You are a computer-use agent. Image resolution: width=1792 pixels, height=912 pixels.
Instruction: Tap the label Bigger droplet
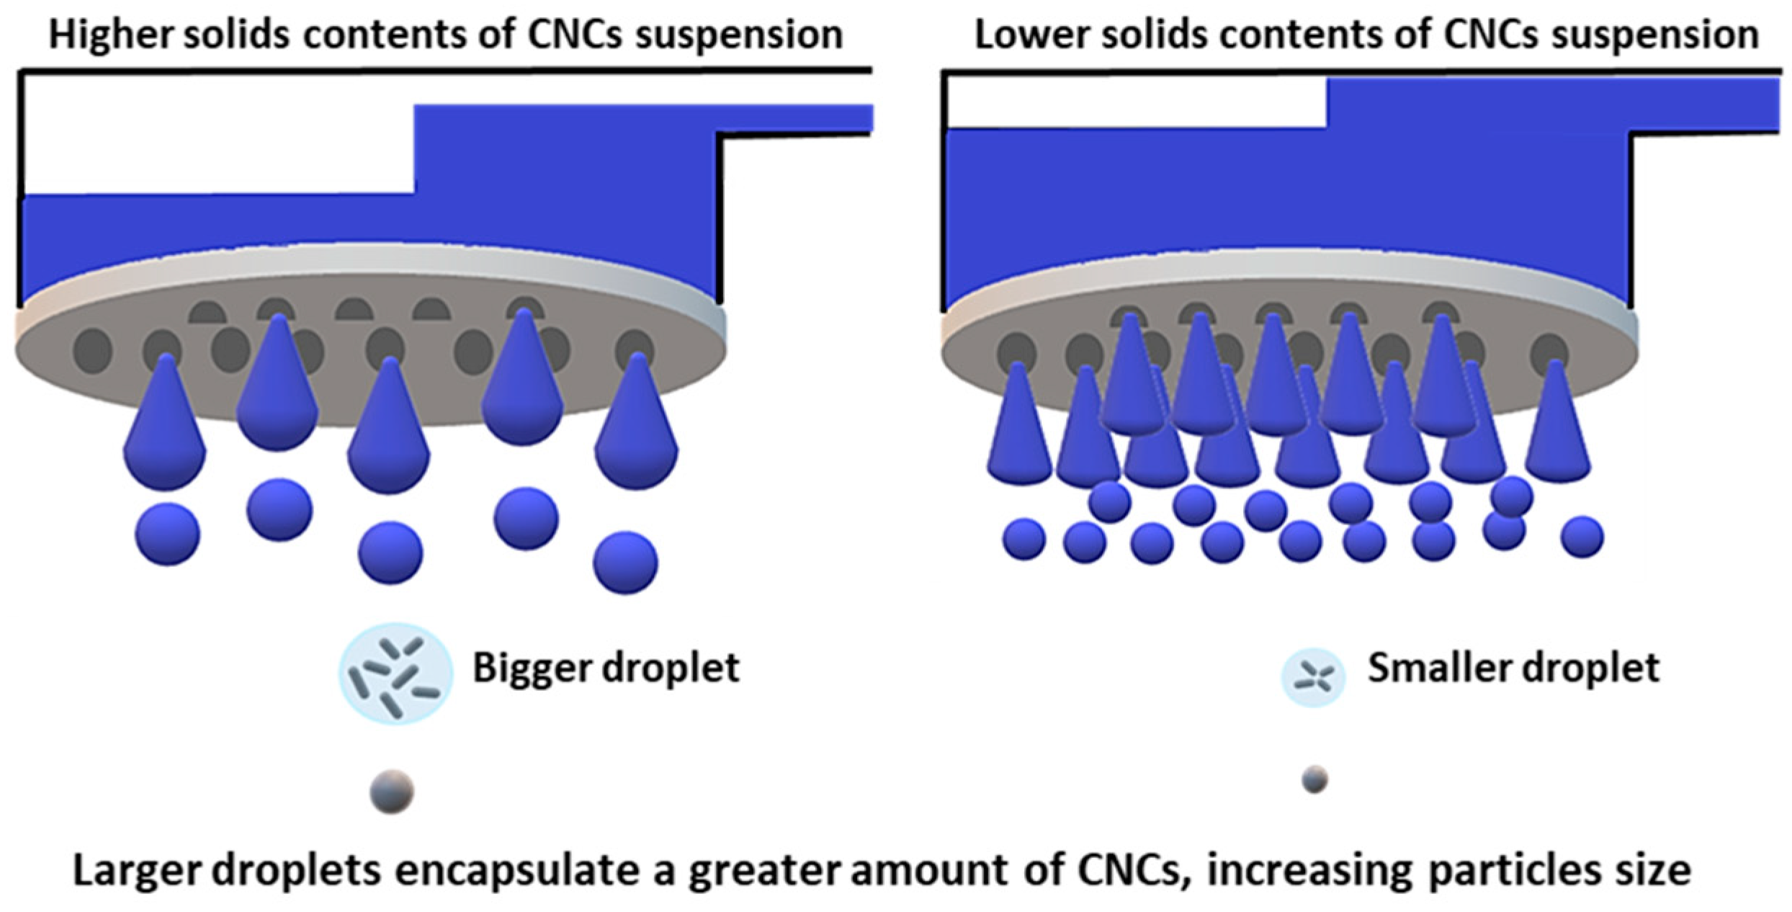606,668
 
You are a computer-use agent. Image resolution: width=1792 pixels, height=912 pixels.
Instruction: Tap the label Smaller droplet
1513,668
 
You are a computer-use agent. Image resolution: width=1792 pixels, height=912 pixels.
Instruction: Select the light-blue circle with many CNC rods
395,672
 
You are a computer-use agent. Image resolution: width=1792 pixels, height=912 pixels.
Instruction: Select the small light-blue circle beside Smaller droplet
1313,677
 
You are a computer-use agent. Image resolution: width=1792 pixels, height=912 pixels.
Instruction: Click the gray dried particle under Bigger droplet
392,791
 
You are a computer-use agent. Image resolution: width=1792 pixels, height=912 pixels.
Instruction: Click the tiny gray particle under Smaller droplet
1314,779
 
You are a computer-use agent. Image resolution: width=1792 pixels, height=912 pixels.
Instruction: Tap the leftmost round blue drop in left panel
168,534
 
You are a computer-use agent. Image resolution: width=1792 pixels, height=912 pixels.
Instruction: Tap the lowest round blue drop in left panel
625,563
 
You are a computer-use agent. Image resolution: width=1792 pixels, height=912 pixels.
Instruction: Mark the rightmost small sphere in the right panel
1582,537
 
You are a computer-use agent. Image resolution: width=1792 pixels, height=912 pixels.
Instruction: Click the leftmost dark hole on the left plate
93,351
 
